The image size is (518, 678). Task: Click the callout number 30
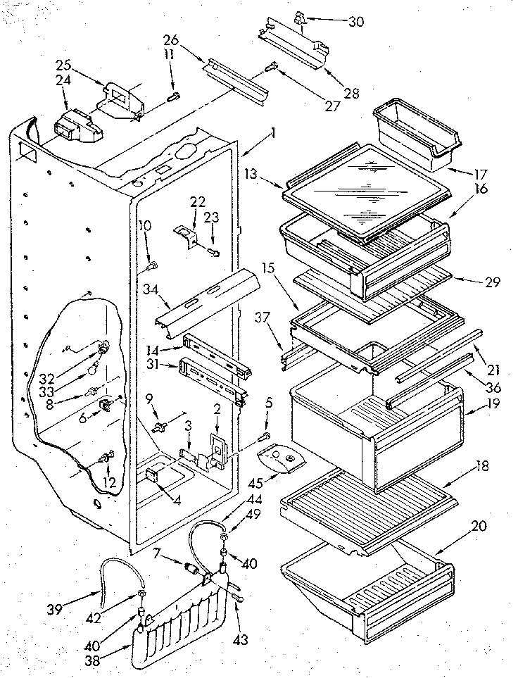click(356, 22)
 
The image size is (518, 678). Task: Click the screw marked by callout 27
click(272, 68)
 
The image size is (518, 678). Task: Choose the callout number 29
click(472, 283)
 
